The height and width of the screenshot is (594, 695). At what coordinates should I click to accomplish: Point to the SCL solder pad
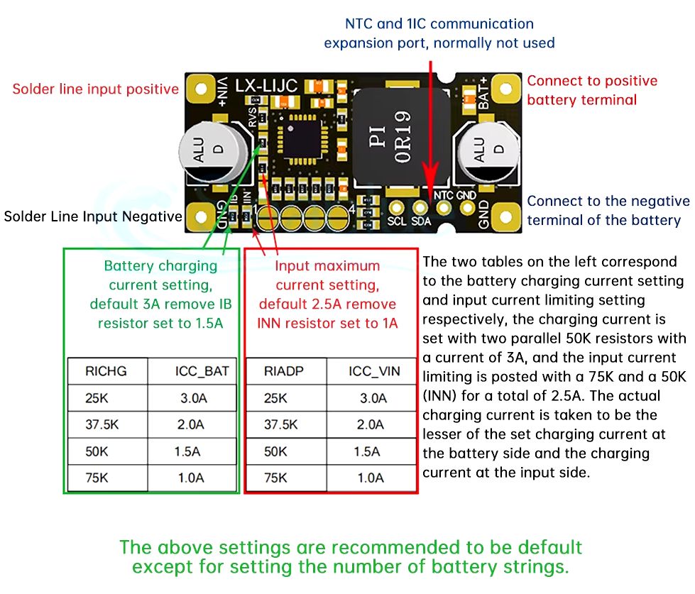coord(397,207)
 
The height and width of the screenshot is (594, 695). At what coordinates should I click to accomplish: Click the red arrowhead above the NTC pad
coord(429,185)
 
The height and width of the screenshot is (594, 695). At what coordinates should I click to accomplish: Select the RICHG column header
coord(106,371)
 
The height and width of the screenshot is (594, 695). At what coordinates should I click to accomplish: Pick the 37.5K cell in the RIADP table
coord(281,424)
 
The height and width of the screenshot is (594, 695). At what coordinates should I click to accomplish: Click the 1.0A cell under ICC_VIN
coord(369,478)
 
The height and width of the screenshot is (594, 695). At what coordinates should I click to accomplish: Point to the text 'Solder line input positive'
coord(96,89)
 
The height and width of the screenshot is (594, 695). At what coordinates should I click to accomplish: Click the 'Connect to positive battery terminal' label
coord(591,90)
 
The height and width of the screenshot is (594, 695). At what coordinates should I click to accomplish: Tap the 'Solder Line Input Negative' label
coord(93,216)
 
